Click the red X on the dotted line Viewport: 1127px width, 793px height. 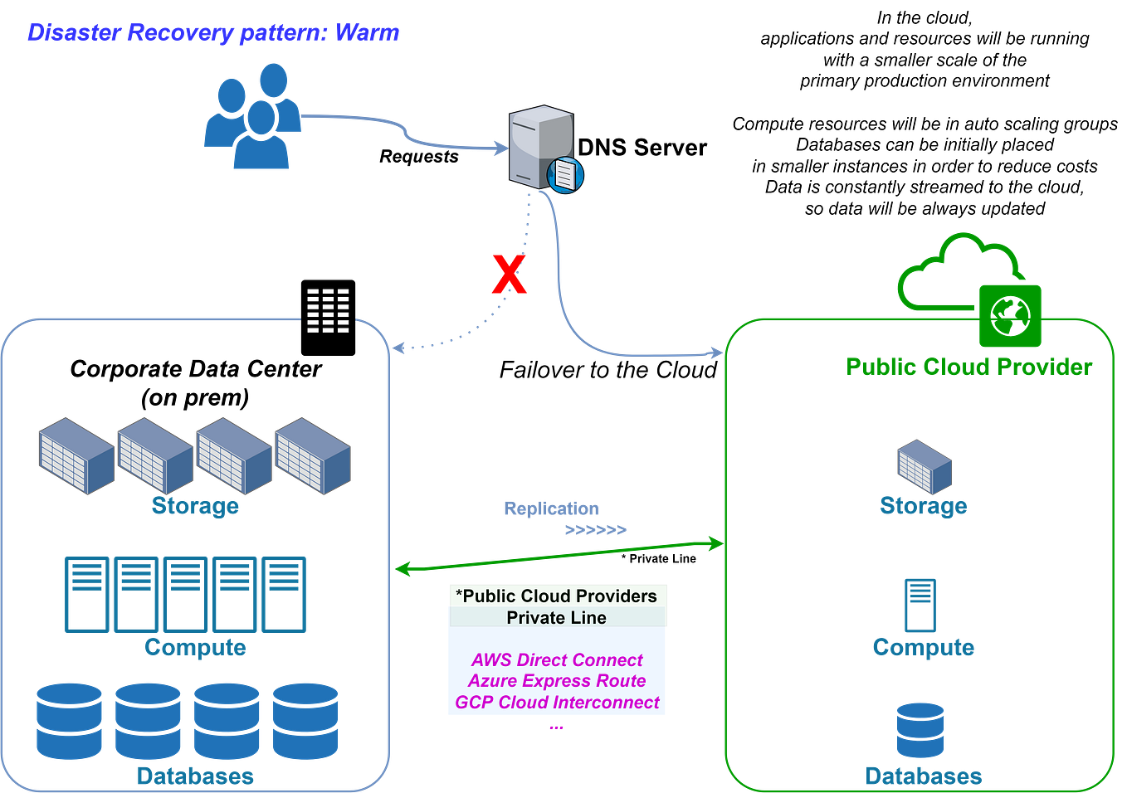[508, 275]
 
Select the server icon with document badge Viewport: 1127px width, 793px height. [544, 148]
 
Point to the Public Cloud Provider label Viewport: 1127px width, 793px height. [968, 366]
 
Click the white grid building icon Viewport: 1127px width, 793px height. [328, 311]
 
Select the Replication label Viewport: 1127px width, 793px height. [550, 508]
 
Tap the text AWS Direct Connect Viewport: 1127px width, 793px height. [557, 660]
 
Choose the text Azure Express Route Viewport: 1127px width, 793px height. [557, 681]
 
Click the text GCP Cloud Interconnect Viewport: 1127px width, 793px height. [557, 703]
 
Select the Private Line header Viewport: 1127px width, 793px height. [557, 618]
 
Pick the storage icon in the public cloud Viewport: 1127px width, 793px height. [923, 467]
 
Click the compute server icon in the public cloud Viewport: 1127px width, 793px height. [920, 605]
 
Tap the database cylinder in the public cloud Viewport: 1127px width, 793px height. [920, 730]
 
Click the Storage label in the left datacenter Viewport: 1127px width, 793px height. [195, 505]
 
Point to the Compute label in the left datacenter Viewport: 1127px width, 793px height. [195, 647]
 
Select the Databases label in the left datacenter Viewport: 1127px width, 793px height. [195, 776]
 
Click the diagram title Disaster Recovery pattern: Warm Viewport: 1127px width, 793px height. [213, 33]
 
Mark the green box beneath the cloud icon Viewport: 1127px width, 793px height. [1010, 316]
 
